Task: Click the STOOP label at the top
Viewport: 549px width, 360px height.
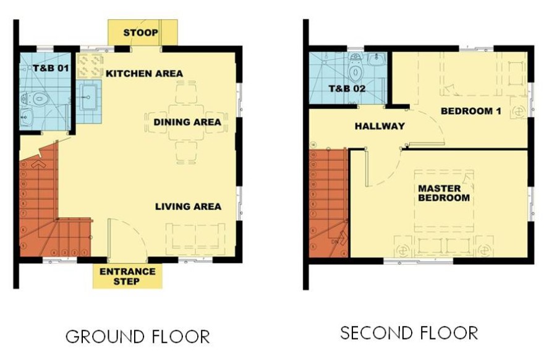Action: [x=140, y=32]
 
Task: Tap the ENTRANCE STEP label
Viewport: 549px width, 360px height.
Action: [x=127, y=276]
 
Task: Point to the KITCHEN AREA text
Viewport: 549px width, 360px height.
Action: [x=144, y=74]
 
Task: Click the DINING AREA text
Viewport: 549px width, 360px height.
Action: [x=187, y=122]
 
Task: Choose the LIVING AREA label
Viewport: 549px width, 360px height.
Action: [x=188, y=206]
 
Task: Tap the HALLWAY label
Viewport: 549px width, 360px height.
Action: [x=380, y=126]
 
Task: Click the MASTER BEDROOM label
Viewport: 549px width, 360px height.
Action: [x=443, y=193]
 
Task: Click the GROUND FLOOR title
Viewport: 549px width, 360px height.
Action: [x=138, y=336]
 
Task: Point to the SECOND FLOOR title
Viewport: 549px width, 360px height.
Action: [x=409, y=333]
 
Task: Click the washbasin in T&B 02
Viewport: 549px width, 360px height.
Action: [x=376, y=60]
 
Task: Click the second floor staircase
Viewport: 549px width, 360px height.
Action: [x=328, y=204]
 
